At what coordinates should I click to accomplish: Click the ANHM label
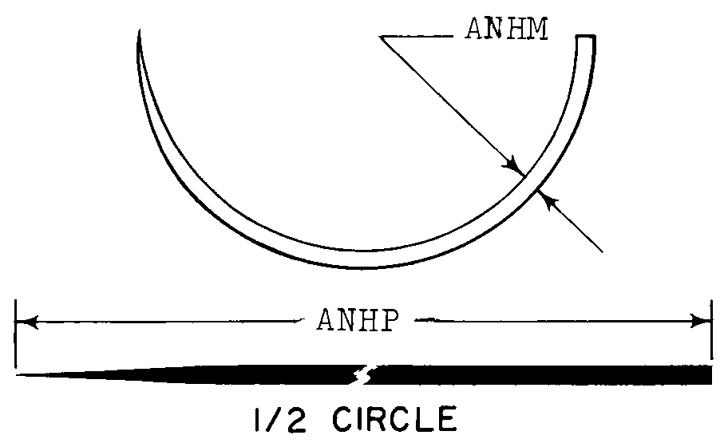pyautogui.click(x=507, y=29)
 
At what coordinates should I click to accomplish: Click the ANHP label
pyautogui.click(x=358, y=319)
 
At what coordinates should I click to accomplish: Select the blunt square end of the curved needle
pyautogui.click(x=586, y=37)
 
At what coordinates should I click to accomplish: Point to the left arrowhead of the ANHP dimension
pyautogui.click(x=26, y=322)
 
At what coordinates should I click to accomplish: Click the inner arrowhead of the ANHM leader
pyautogui.click(x=515, y=165)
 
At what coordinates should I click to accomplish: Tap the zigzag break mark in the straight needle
pyautogui.click(x=363, y=374)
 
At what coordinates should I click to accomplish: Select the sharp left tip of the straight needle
pyautogui.click(x=18, y=375)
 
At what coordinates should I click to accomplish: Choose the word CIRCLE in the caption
pyautogui.click(x=395, y=419)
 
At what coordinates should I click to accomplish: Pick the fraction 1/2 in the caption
pyautogui.click(x=280, y=419)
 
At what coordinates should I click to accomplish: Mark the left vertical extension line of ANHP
pyautogui.click(x=15, y=334)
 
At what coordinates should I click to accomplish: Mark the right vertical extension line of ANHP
pyautogui.click(x=711, y=330)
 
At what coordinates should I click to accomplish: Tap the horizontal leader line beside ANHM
pyautogui.click(x=417, y=36)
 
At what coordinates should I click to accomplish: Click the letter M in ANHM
pyautogui.click(x=536, y=29)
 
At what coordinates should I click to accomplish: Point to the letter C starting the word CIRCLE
pyautogui.click(x=344, y=419)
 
